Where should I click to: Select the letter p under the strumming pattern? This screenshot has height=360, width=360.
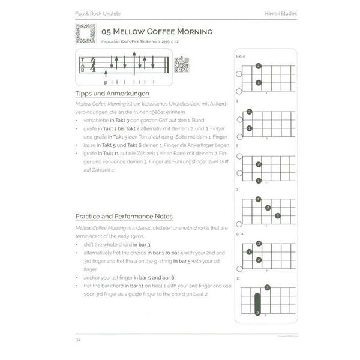(106, 82)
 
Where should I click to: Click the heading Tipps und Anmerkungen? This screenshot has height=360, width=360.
(112, 94)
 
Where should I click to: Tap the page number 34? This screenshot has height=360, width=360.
(78, 341)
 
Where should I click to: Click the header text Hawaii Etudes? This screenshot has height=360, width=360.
(277, 13)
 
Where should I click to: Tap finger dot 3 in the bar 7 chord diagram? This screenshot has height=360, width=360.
(278, 216)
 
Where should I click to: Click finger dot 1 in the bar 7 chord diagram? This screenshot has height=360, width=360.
(257, 199)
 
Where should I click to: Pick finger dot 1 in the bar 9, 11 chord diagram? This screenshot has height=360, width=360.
(257, 251)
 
